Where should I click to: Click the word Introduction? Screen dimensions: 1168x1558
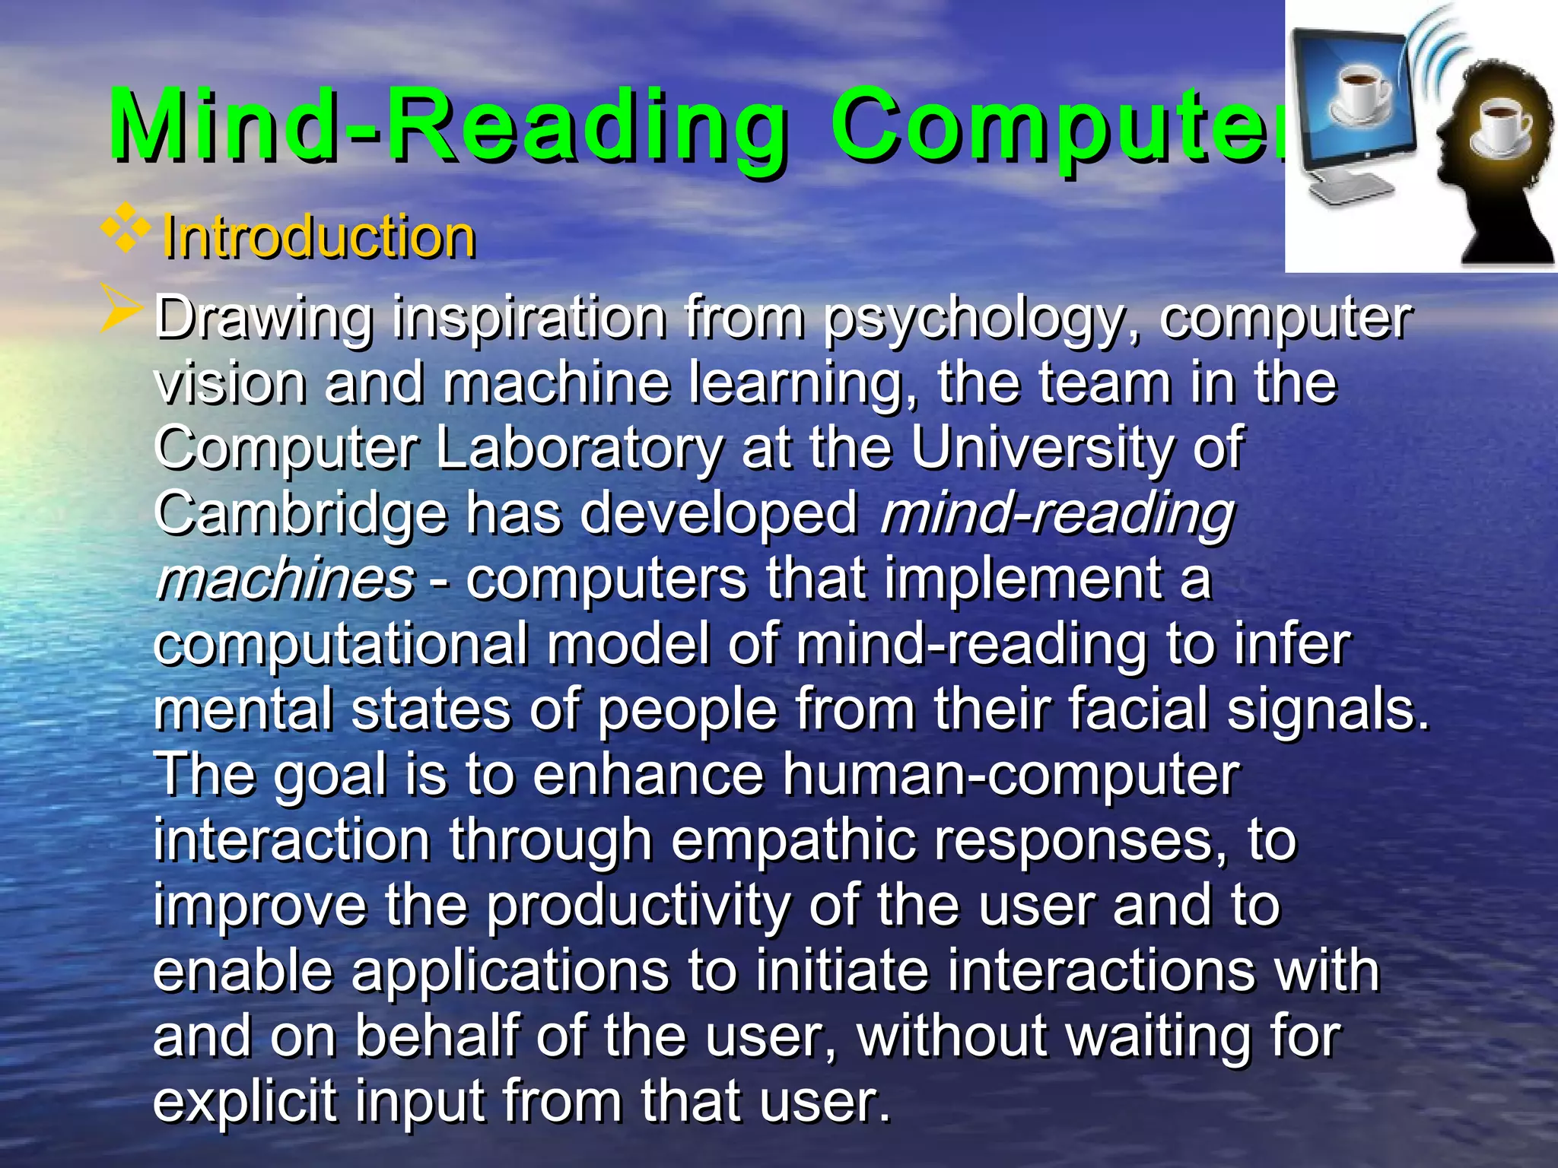coord(318,236)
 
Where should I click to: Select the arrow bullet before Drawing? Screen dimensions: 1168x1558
coord(122,313)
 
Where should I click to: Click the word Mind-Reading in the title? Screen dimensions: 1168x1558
coord(449,125)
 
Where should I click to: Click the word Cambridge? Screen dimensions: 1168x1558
coord(300,515)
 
